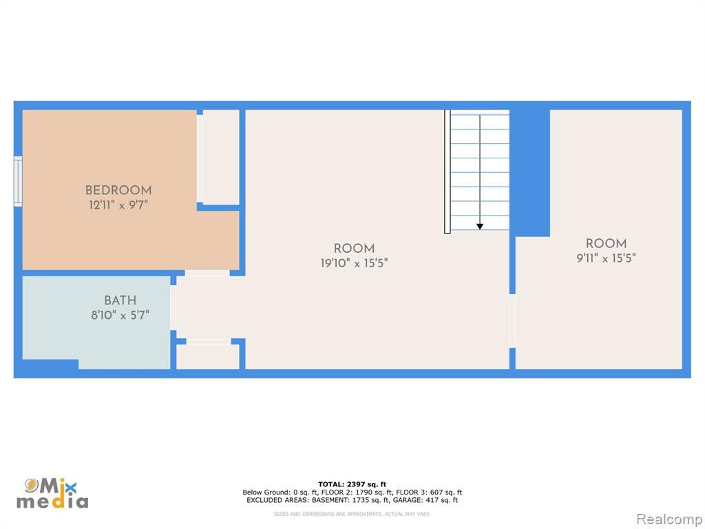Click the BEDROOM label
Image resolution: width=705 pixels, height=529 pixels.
(118, 190)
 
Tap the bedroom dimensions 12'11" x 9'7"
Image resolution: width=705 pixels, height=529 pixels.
(118, 205)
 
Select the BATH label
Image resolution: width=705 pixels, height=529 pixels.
(120, 300)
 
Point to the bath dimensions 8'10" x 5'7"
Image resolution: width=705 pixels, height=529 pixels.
(120, 315)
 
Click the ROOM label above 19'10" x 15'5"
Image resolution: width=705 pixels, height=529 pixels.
(355, 248)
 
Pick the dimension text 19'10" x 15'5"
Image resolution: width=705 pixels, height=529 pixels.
(355, 263)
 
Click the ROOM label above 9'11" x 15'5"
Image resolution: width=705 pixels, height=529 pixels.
(606, 243)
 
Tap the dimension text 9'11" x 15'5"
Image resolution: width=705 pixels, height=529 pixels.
(606, 258)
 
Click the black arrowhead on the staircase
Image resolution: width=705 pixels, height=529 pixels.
(480, 227)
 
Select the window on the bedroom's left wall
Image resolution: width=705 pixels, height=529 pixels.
(18, 181)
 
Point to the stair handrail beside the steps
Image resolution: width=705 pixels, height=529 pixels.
(448, 172)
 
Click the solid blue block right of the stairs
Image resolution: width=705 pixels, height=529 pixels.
(529, 173)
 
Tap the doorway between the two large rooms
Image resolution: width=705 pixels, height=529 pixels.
(512, 321)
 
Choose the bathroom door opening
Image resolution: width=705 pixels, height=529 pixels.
(173, 307)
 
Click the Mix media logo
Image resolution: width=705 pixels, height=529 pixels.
(52, 493)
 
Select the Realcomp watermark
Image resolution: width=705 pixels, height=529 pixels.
(669, 519)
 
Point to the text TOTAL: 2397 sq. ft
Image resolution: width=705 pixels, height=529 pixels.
(352, 484)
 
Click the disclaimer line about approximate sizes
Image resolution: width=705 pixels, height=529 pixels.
(352, 514)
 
